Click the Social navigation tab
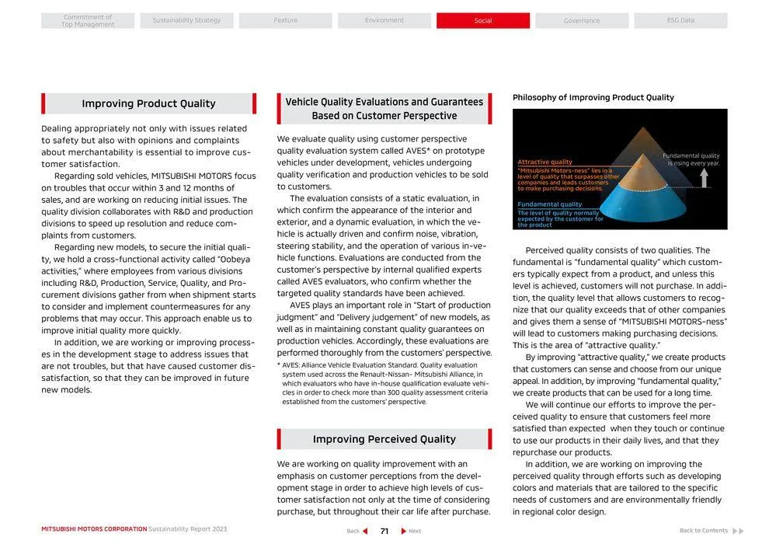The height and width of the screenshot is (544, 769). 483,20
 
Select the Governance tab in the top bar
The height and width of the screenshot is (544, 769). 582,20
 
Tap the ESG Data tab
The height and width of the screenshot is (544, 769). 680,20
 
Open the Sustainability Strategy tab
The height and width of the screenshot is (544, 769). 186,20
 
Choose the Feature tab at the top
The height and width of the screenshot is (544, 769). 285,20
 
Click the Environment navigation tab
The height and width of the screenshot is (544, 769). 384,20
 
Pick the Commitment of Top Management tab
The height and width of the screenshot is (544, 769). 88,20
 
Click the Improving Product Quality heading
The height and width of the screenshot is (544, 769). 148,103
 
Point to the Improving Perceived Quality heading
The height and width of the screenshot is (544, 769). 384,439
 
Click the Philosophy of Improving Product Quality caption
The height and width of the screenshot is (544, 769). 593,97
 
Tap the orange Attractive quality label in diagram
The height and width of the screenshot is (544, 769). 545,162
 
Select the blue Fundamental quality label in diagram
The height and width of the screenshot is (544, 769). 549,204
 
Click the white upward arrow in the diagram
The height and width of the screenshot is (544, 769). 705,178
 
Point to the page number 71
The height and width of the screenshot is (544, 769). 384,531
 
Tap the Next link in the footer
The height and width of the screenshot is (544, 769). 412,531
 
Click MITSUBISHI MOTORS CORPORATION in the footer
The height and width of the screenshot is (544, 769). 94,529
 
